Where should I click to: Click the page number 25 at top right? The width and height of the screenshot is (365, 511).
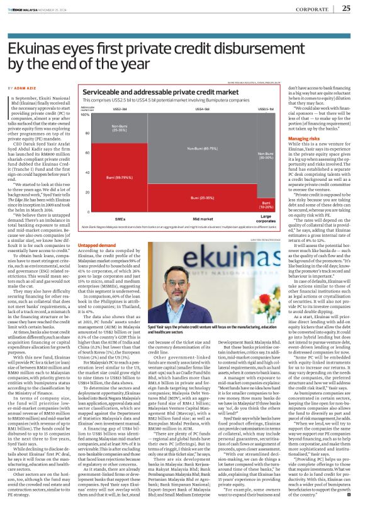click(346, 8)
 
